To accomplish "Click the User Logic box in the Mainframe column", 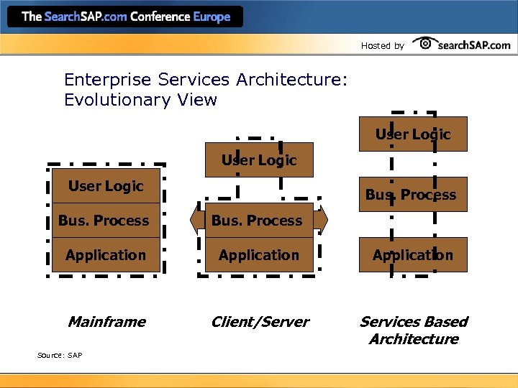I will [106, 186].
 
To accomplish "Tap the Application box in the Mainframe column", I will [106, 255].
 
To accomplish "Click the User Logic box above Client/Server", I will [259, 160].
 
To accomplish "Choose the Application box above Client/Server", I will [259, 255].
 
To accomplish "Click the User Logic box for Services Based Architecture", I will [413, 134].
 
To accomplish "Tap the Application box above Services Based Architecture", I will [413, 255].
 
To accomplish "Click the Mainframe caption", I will [106, 322].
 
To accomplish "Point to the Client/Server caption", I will [260, 322].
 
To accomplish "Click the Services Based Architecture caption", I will [414, 331].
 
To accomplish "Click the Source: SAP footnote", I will [60, 355].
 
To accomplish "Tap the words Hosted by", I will [382, 46].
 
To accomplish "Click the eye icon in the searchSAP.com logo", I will [425, 44].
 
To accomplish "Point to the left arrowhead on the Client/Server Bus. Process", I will [193, 221].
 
